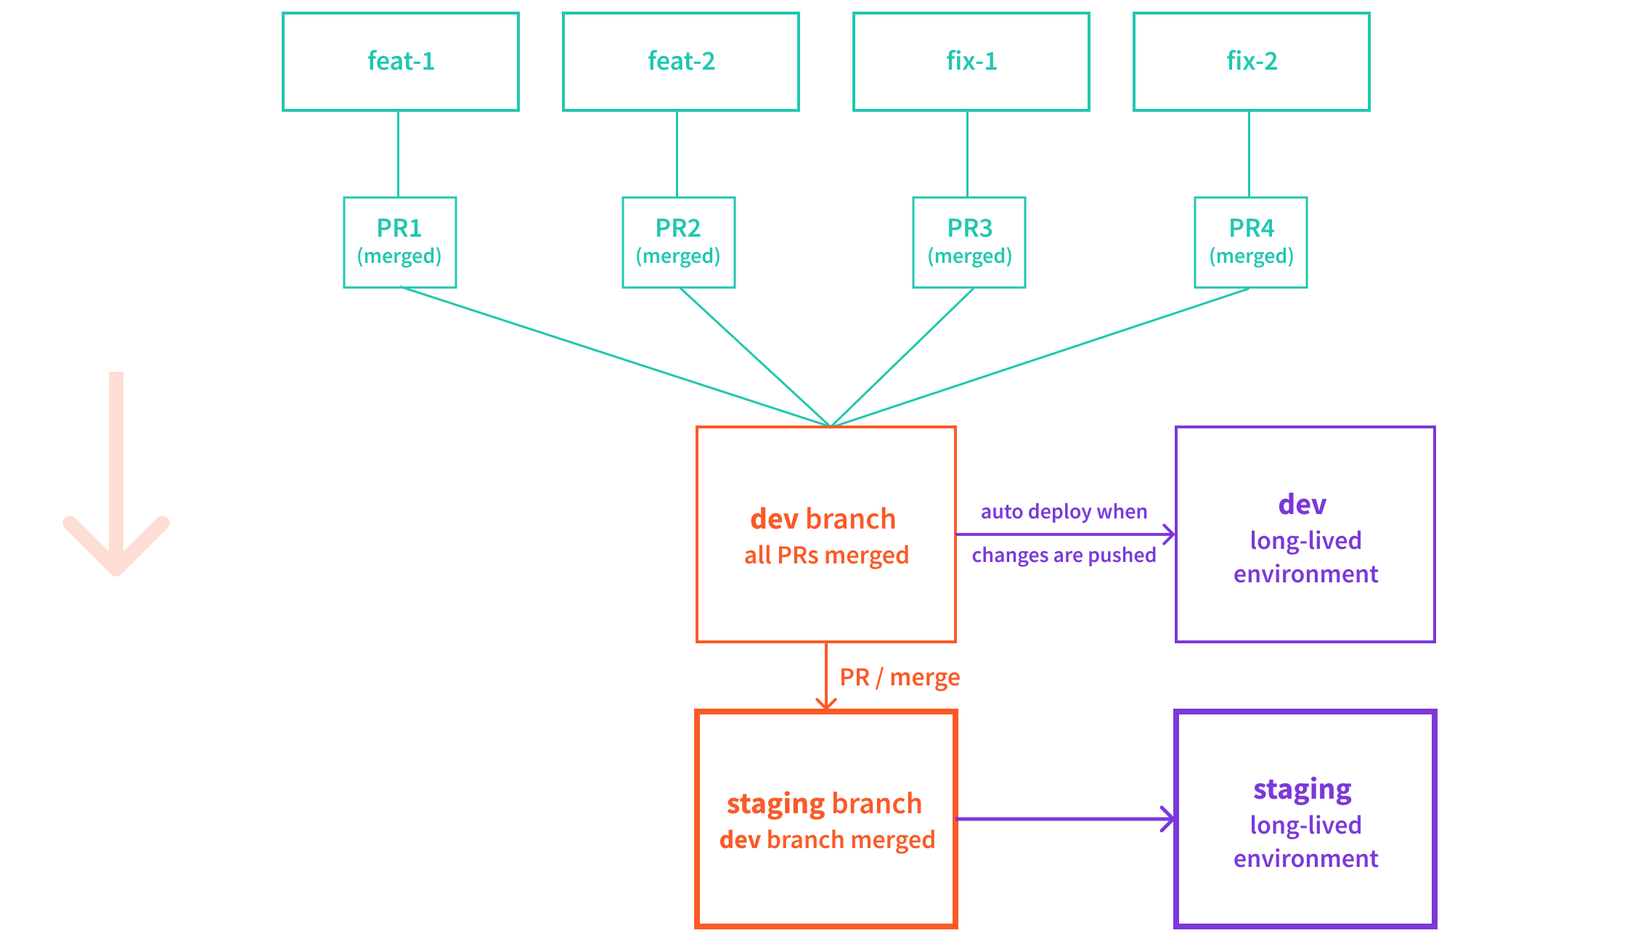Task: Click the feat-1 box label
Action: (x=401, y=61)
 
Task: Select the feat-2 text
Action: (x=681, y=61)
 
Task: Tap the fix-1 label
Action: (x=971, y=61)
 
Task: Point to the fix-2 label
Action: (x=1252, y=61)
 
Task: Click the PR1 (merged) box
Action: (x=399, y=242)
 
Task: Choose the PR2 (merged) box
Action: (x=678, y=242)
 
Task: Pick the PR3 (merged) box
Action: (x=969, y=242)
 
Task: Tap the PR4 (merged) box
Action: (x=1251, y=242)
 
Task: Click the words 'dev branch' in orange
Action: (x=823, y=519)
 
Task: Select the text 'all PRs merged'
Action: (x=826, y=555)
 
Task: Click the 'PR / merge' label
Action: (x=900, y=677)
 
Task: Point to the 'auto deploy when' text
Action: (x=1064, y=512)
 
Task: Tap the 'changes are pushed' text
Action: (x=1064, y=555)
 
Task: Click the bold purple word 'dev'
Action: (x=1303, y=505)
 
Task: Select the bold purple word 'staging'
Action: (x=1303, y=789)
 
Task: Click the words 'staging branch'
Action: (x=824, y=804)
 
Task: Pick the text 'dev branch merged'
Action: (x=827, y=840)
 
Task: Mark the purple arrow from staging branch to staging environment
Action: (x=1064, y=819)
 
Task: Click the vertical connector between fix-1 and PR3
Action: (x=967, y=154)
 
